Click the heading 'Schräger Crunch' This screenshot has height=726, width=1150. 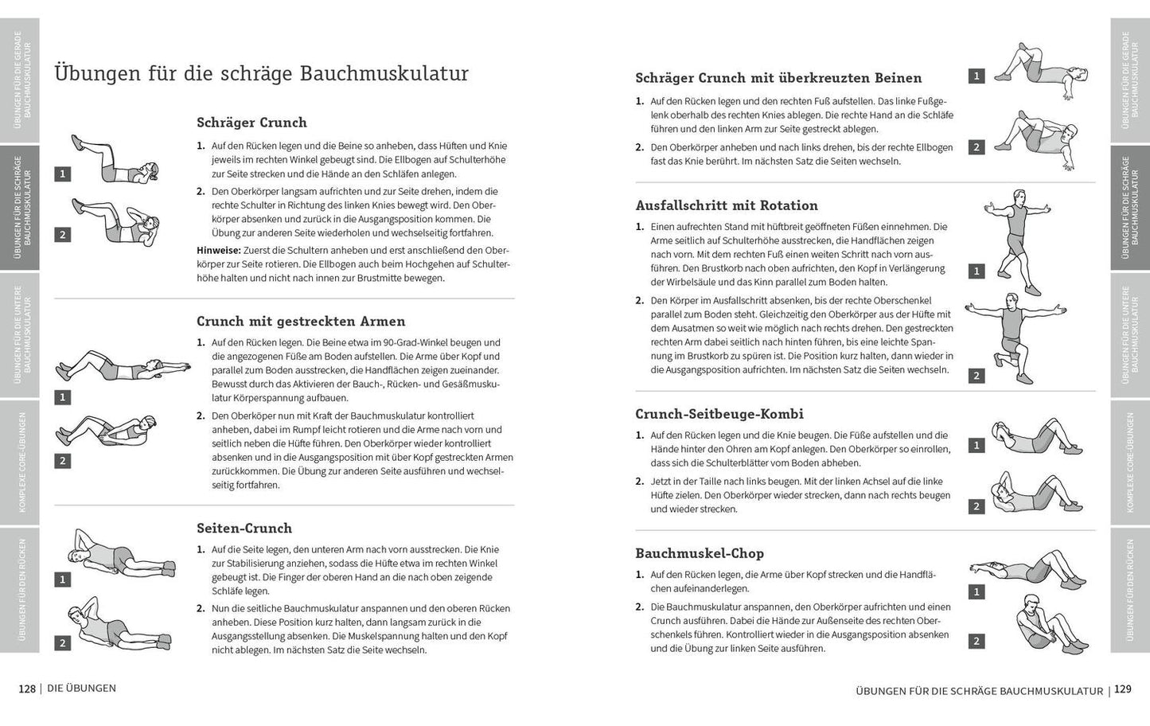251,123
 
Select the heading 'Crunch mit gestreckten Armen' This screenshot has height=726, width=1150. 301,322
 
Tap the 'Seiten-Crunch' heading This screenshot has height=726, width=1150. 244,529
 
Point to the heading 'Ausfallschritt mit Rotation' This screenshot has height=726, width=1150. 727,205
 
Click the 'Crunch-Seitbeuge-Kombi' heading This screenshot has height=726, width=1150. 719,414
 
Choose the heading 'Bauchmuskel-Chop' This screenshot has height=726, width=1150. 700,553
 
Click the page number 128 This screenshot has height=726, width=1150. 27,689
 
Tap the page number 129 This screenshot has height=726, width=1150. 1122,689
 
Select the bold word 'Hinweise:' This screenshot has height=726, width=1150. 219,250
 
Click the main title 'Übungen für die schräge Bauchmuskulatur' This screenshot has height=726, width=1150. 261,74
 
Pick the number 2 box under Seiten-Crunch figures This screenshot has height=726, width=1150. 62,643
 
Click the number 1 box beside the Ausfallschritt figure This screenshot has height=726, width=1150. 977,271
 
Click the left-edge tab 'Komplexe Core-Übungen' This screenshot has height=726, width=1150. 19,462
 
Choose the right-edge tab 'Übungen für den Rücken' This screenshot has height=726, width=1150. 1130,590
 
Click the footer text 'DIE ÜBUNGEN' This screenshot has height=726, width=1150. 81,689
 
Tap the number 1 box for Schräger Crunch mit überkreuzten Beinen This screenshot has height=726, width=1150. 977,76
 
